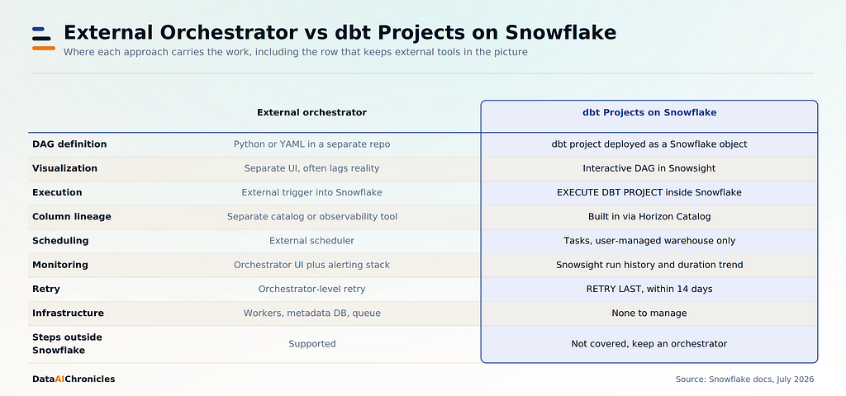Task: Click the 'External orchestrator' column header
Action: pos(311,112)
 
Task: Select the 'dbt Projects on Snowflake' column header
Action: pos(649,112)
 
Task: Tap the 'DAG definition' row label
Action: pos(69,144)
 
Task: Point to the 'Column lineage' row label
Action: pos(72,217)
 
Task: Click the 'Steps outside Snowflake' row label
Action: pos(67,344)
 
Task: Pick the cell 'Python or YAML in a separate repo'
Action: pos(311,144)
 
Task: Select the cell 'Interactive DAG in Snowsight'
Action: pos(649,168)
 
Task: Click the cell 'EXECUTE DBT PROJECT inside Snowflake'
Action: pos(649,192)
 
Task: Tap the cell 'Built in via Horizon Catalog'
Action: pos(649,217)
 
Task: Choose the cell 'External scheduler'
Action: pos(311,241)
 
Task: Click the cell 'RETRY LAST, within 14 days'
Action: pos(649,290)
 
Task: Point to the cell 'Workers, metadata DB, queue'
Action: pos(311,313)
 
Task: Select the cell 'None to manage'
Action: pos(649,313)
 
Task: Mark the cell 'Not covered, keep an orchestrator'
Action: pos(649,344)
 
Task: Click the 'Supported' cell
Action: pos(311,344)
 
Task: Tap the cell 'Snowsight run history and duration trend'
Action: pos(649,265)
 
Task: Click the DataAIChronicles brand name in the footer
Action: pos(74,379)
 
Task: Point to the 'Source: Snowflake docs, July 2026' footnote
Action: pos(744,379)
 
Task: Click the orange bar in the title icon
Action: pos(44,48)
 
